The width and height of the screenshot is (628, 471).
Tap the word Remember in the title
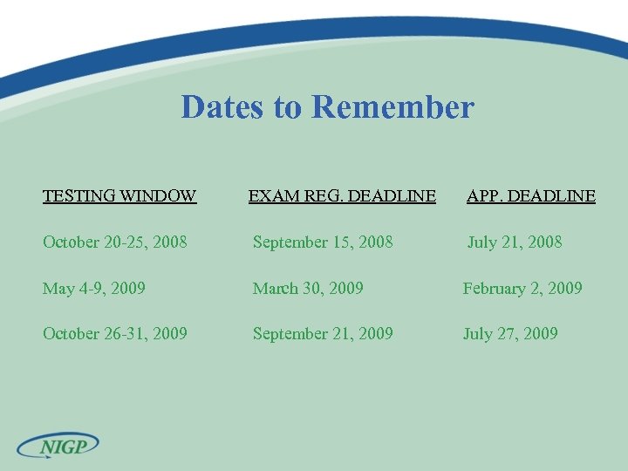[392, 107]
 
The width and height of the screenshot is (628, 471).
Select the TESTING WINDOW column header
[119, 195]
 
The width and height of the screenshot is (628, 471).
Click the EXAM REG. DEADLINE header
[342, 195]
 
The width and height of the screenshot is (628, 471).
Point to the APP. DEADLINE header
[531, 195]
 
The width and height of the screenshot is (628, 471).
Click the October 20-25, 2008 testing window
[114, 242]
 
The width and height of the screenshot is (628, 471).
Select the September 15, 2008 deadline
[323, 242]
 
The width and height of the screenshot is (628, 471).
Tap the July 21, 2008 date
[515, 242]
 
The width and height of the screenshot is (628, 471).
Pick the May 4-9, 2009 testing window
[94, 288]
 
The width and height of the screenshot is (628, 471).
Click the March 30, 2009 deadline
[308, 288]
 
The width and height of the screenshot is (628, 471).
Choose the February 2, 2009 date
[522, 288]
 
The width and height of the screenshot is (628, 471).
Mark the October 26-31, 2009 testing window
[114, 333]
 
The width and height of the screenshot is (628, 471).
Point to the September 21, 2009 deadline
[323, 333]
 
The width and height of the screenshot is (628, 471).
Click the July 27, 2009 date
[510, 333]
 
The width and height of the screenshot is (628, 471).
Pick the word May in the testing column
[59, 288]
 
